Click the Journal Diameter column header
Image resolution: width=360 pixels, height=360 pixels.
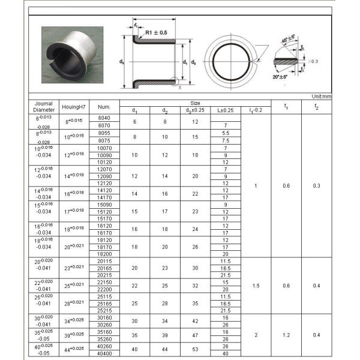click(44, 106)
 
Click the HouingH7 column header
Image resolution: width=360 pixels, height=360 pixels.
click(74, 107)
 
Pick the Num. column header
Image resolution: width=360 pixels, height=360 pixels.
click(104, 107)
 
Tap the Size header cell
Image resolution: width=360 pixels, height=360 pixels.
click(196, 103)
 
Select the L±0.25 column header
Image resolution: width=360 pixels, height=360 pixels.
click(226, 110)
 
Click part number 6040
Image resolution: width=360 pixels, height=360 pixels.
click(104, 118)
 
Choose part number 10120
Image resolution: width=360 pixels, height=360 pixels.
click(104, 162)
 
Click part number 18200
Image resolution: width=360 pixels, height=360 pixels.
click(104, 253)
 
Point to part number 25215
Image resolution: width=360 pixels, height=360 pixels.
click(104, 310)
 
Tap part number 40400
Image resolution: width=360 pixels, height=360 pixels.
click(104, 353)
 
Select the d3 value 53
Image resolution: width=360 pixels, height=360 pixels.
click(196, 350)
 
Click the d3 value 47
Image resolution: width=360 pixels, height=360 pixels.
click(196, 335)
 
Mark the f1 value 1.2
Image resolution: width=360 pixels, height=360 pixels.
click(286, 335)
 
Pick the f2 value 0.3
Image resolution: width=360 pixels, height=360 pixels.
click(316, 186)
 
